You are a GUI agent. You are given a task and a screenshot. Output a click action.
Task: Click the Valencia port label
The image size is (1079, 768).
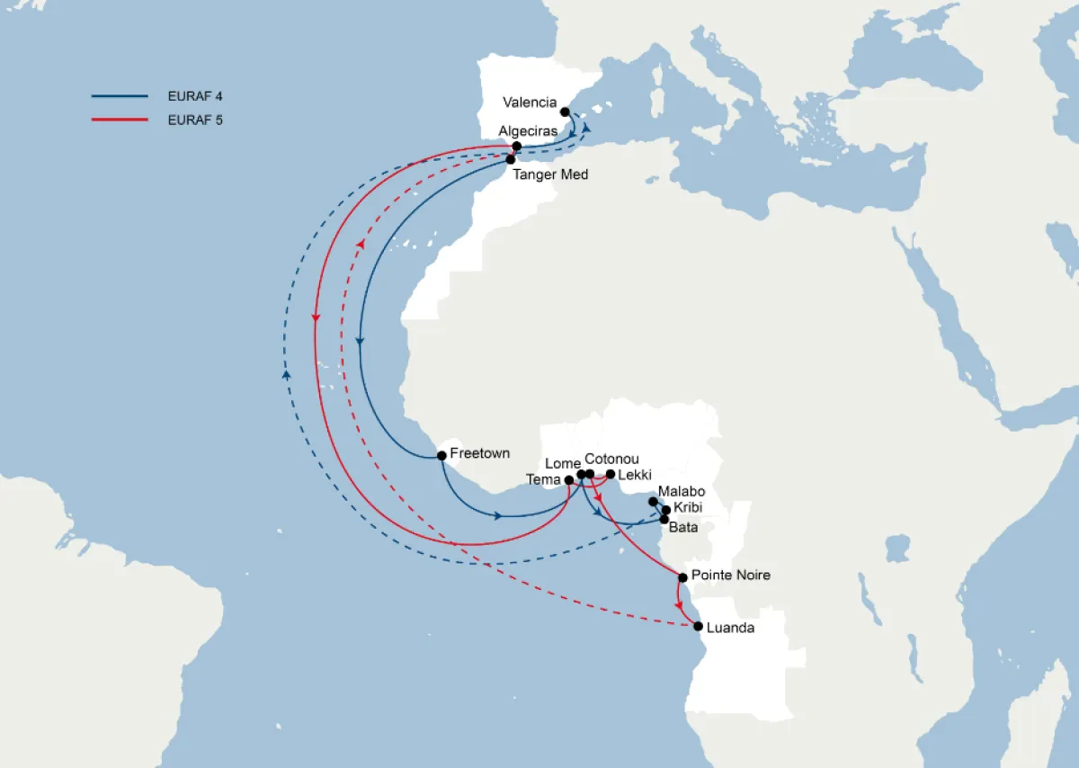tap(530, 103)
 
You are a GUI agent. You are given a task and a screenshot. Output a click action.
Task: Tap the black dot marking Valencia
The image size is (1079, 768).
tap(565, 112)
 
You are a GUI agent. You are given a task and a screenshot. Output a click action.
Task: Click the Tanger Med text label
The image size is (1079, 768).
tap(550, 174)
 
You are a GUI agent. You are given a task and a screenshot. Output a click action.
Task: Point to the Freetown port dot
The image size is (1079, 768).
tap(441, 456)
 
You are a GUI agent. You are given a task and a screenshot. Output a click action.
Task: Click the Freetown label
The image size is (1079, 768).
tap(479, 453)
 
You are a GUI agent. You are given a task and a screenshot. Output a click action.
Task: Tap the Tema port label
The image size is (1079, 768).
tap(543, 480)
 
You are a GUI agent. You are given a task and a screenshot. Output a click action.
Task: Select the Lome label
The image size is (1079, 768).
tap(563, 462)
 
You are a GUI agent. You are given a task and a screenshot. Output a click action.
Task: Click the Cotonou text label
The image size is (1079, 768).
tap(611, 459)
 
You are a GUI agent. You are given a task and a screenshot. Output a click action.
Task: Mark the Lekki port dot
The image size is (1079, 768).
tap(611, 474)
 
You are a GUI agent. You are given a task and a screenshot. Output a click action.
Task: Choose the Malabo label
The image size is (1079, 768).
tap(682, 492)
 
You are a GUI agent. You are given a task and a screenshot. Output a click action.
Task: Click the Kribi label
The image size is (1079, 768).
tap(688, 509)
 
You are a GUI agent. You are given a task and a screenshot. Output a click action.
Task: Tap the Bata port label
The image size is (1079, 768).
tap(683, 528)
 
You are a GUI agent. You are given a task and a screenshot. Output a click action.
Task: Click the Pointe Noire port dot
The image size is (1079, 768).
tap(682, 577)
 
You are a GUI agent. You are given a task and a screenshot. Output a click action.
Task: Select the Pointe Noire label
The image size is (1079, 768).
tap(731, 575)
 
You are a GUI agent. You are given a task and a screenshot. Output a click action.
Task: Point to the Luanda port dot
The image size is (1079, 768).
tap(698, 627)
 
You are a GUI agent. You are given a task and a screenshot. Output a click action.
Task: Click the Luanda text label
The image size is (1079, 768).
tap(730, 628)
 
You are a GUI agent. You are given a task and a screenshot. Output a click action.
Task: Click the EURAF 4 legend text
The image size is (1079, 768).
tap(194, 95)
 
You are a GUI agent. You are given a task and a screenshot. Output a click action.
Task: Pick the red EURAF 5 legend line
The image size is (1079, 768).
tap(119, 120)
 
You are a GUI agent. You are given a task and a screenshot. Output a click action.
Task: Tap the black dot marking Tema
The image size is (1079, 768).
tap(569, 480)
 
